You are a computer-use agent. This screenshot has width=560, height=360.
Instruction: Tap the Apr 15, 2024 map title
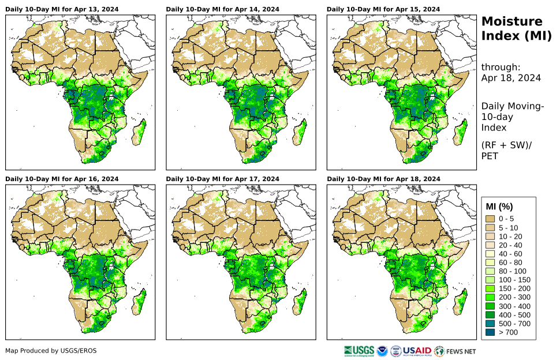pyautogui.click(x=383, y=9)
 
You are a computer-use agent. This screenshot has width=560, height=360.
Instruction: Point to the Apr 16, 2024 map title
pyautogui.click(x=62, y=179)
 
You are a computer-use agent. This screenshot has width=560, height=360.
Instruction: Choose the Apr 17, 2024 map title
pyautogui.click(x=222, y=179)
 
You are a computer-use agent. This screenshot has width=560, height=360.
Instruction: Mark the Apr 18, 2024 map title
pyautogui.click(x=383, y=179)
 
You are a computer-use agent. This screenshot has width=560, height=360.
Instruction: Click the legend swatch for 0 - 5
pyautogui.click(x=491, y=219)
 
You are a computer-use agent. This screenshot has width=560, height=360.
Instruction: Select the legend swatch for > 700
pyautogui.click(x=491, y=332)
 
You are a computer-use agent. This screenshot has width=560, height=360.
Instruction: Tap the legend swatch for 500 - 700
pyautogui.click(x=491, y=323)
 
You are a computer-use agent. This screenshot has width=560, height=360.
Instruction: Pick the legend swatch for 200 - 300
pyautogui.click(x=491, y=297)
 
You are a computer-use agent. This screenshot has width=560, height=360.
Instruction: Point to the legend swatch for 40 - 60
pyautogui.click(x=491, y=253)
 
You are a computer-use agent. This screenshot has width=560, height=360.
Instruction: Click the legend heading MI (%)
pyautogui.click(x=499, y=207)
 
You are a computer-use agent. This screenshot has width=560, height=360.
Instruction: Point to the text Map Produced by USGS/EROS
pyautogui.click(x=51, y=351)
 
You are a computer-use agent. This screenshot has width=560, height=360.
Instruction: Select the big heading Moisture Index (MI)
pyautogui.click(x=512, y=28)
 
